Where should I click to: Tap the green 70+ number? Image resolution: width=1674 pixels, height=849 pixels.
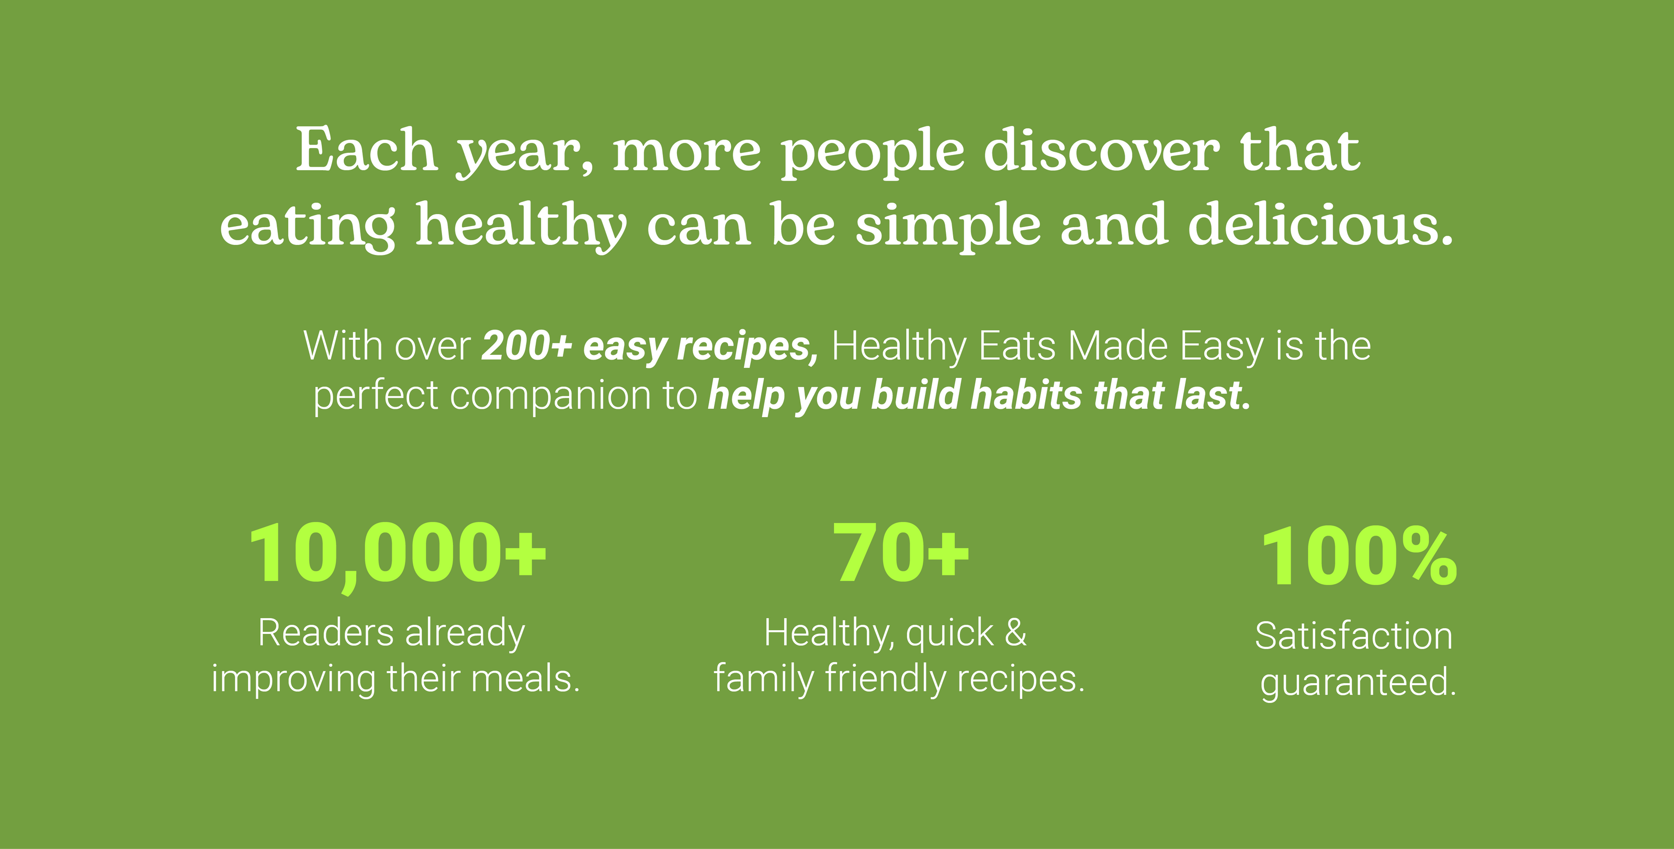[901, 553]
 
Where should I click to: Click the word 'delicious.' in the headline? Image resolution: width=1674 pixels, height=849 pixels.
[1320, 224]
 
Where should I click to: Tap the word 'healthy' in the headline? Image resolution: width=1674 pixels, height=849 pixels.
[521, 226]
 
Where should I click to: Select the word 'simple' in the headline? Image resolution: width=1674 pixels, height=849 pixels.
[948, 226]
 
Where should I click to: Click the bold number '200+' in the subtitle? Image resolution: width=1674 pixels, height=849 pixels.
[526, 346]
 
